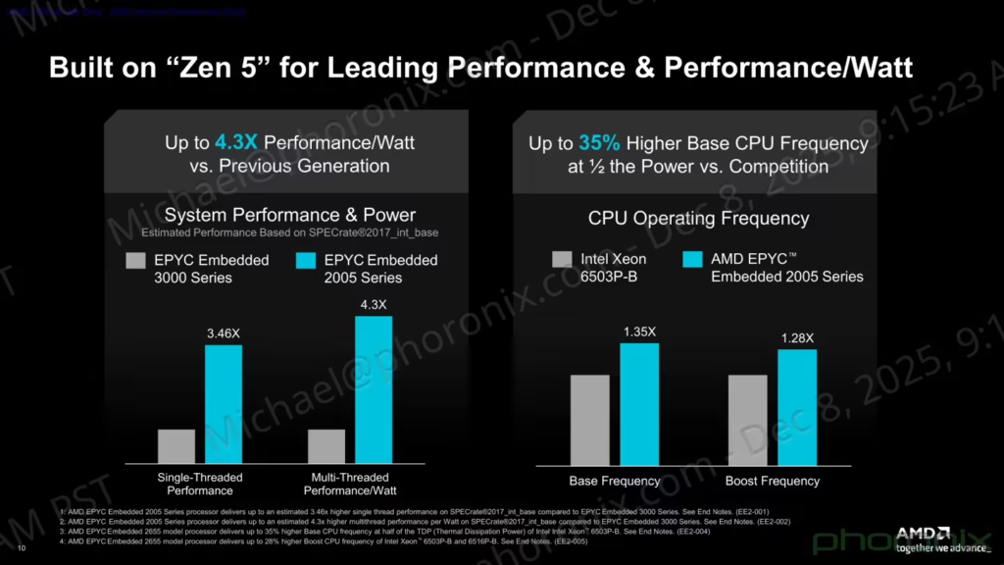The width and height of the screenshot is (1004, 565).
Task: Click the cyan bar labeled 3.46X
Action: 223,404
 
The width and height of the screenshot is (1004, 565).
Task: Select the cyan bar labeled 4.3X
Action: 373,389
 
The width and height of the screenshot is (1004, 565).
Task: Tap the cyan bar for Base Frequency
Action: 639,403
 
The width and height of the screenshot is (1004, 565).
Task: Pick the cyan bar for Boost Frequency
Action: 796,406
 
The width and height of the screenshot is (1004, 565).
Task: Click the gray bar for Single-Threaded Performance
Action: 176,446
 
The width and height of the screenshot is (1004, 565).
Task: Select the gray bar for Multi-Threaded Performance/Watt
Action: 326,446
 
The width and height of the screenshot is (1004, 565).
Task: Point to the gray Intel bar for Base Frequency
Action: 589,419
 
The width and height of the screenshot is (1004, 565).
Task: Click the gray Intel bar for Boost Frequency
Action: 747,419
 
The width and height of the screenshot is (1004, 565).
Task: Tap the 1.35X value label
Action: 639,332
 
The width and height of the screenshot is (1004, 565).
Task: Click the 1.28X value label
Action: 796,338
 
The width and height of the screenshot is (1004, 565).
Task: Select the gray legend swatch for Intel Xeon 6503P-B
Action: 562,260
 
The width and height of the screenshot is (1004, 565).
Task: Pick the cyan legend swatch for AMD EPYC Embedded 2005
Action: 692,260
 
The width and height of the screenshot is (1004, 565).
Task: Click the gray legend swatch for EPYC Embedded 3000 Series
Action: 135,261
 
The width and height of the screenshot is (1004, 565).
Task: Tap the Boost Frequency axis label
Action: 772,481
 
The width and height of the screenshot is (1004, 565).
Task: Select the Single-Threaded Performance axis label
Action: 200,484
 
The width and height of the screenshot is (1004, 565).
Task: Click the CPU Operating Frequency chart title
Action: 698,218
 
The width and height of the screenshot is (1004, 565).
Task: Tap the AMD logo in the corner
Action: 923,533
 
